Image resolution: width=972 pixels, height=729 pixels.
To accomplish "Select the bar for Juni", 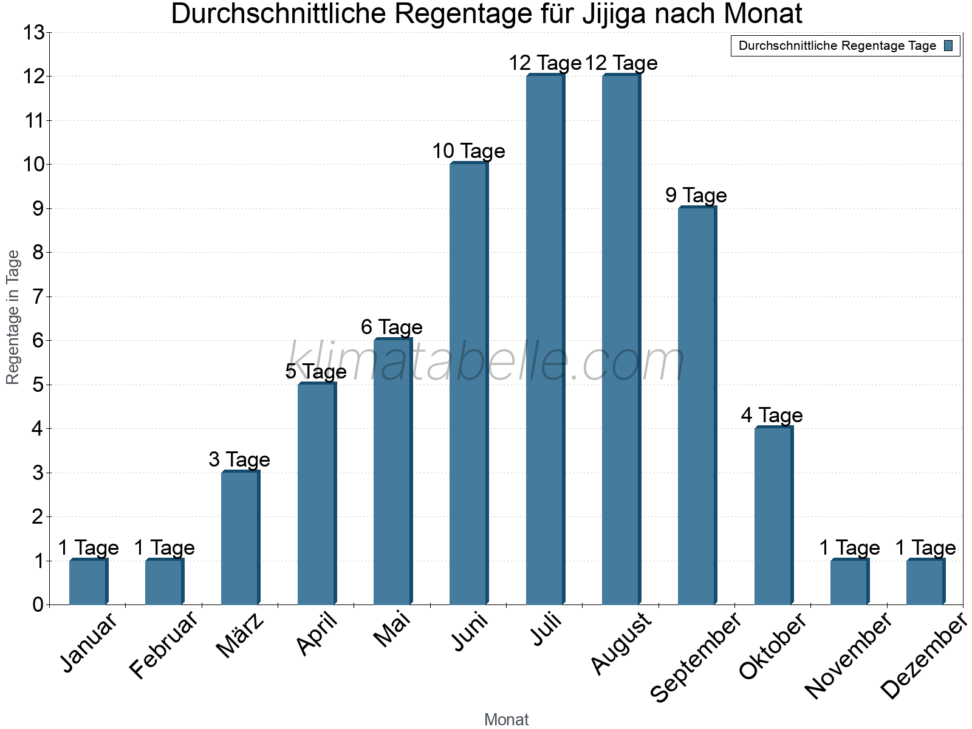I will [x=468, y=384].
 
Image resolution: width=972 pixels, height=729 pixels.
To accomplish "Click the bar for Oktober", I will [x=773, y=516].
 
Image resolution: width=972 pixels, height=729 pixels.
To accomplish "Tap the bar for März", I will [x=240, y=538].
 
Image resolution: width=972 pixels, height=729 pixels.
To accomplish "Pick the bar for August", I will [x=621, y=340].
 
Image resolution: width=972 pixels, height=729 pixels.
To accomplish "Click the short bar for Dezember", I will [x=925, y=582].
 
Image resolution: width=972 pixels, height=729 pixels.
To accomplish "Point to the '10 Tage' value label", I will [x=468, y=151].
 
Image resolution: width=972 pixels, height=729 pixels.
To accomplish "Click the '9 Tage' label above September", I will [x=696, y=196].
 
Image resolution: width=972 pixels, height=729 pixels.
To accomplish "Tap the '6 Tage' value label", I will [x=392, y=327].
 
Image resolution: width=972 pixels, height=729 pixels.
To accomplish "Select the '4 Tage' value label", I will [x=772, y=416].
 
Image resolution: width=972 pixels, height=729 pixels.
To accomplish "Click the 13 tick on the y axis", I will [x=34, y=33].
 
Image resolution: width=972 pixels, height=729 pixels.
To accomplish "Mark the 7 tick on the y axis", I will [x=38, y=297].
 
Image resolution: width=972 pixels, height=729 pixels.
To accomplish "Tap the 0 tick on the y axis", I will [x=38, y=605].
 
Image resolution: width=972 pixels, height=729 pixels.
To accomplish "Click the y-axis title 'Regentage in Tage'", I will [x=13, y=317].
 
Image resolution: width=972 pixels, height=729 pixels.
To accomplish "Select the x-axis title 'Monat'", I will [x=506, y=720].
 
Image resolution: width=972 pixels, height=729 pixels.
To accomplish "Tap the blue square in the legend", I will [x=949, y=46].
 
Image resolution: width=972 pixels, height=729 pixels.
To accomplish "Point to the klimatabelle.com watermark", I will [x=486, y=363].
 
